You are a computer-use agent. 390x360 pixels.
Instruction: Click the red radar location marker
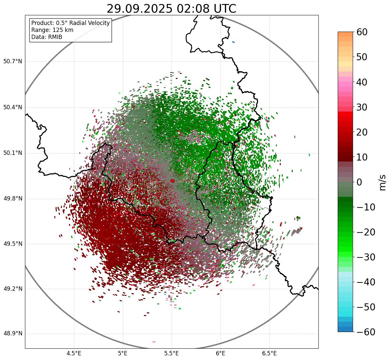(x=172, y=181)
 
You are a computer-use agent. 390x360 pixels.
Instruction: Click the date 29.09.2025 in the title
(x=140, y=9)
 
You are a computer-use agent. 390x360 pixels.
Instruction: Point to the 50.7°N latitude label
(x=13, y=61)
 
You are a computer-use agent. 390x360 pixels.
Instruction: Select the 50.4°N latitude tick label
(x=13, y=107)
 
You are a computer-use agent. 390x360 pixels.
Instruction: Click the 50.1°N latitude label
(x=13, y=153)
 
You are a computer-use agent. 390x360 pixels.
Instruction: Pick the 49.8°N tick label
(x=13, y=198)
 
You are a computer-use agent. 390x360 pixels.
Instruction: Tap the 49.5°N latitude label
(x=13, y=244)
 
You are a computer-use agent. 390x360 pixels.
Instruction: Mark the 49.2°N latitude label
(x=13, y=289)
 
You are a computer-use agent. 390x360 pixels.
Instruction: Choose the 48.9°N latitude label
(x=13, y=334)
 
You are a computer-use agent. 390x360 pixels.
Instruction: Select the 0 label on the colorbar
(x=359, y=182)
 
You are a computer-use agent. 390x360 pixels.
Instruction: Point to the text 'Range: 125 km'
(x=52, y=30)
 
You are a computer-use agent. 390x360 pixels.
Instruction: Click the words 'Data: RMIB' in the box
(x=47, y=37)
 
